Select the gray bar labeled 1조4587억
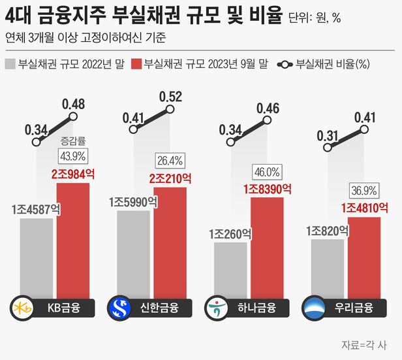coord(36,256)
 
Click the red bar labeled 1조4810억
coord(365,255)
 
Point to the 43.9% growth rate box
coord(73,156)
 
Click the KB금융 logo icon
coord(23,307)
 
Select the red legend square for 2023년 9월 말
coord(136,65)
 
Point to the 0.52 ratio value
coord(170,97)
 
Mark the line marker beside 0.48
coord(73,118)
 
